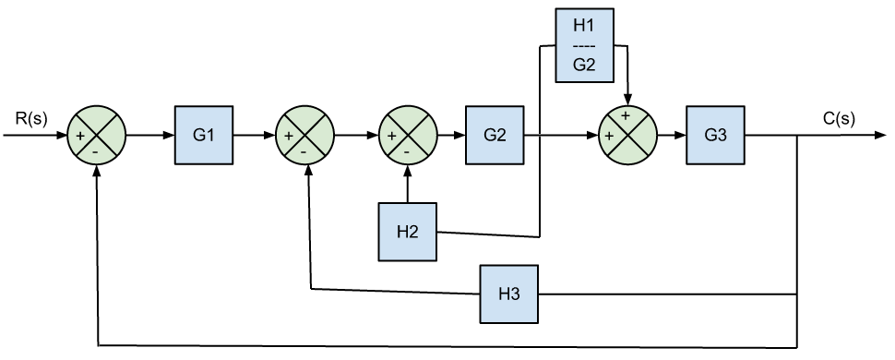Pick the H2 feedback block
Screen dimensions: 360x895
(x=407, y=232)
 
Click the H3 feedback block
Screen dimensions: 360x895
(x=508, y=294)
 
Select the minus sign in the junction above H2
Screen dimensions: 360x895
(x=407, y=150)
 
